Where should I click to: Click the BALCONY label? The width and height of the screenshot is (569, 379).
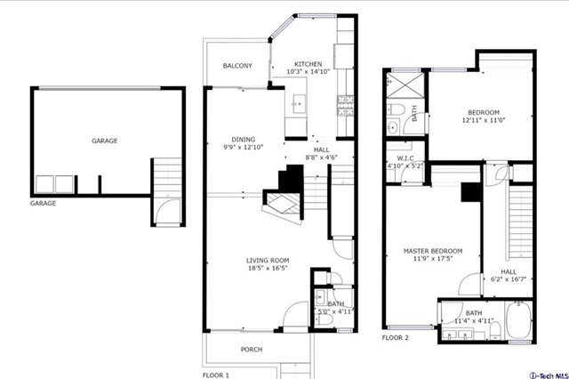tap(237, 66)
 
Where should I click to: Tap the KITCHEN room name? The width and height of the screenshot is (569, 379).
tap(309, 64)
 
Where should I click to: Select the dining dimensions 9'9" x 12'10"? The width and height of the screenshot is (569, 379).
tap(243, 147)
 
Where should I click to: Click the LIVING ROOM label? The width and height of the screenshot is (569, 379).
tap(268, 261)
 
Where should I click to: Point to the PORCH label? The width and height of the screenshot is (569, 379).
tap(252, 350)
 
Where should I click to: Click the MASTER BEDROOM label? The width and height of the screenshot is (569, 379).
tap(433, 251)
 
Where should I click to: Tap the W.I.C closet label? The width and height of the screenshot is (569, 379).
tap(405, 158)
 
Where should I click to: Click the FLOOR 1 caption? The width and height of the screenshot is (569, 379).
tap(215, 375)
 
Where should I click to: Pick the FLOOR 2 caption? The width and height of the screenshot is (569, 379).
tap(395, 337)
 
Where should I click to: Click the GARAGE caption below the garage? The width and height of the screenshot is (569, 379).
tap(43, 204)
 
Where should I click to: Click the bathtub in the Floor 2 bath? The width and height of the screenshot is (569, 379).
tap(519, 320)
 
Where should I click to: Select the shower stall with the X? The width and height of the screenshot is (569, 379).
tap(405, 85)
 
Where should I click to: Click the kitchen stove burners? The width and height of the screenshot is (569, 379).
tap(346, 106)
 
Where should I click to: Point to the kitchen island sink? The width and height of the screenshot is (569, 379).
tap(300, 104)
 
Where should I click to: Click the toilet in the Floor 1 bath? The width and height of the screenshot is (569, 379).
tap(324, 319)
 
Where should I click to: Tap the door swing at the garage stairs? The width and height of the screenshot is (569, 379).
tap(167, 211)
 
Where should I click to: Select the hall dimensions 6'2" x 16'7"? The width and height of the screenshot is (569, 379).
tap(509, 279)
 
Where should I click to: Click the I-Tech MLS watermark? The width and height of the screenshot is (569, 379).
tap(549, 375)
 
